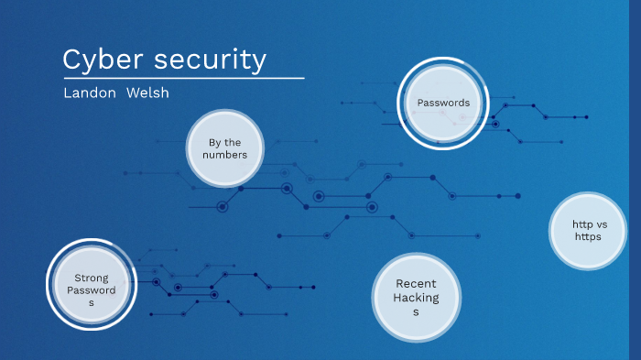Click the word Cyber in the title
(95, 60)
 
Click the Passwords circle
(443, 103)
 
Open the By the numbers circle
(225, 148)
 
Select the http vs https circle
(588, 231)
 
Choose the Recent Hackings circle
(416, 298)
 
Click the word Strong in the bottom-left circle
(91, 278)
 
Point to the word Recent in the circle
(416, 284)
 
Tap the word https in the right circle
(588, 237)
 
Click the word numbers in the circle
(225, 155)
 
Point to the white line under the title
(183, 79)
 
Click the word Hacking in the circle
(416, 298)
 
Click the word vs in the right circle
(602, 224)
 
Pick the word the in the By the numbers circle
(234, 142)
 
